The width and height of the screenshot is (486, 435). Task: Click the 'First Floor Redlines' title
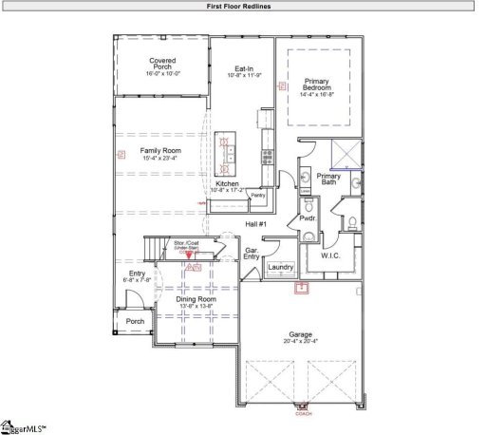[x=243, y=6]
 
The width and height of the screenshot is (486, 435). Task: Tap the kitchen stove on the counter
[x=268, y=156]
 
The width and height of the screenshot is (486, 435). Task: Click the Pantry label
[x=257, y=195]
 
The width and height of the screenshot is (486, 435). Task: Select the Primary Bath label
[x=328, y=179]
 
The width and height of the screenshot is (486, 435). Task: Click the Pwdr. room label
[x=307, y=217]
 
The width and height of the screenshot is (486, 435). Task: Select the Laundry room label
[x=281, y=268]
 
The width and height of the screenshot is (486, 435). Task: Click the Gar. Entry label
[x=252, y=254]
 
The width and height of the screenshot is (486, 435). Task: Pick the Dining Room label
[x=197, y=299]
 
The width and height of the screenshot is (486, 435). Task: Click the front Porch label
[x=136, y=321]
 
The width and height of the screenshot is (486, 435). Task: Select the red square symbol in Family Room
[x=121, y=154]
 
